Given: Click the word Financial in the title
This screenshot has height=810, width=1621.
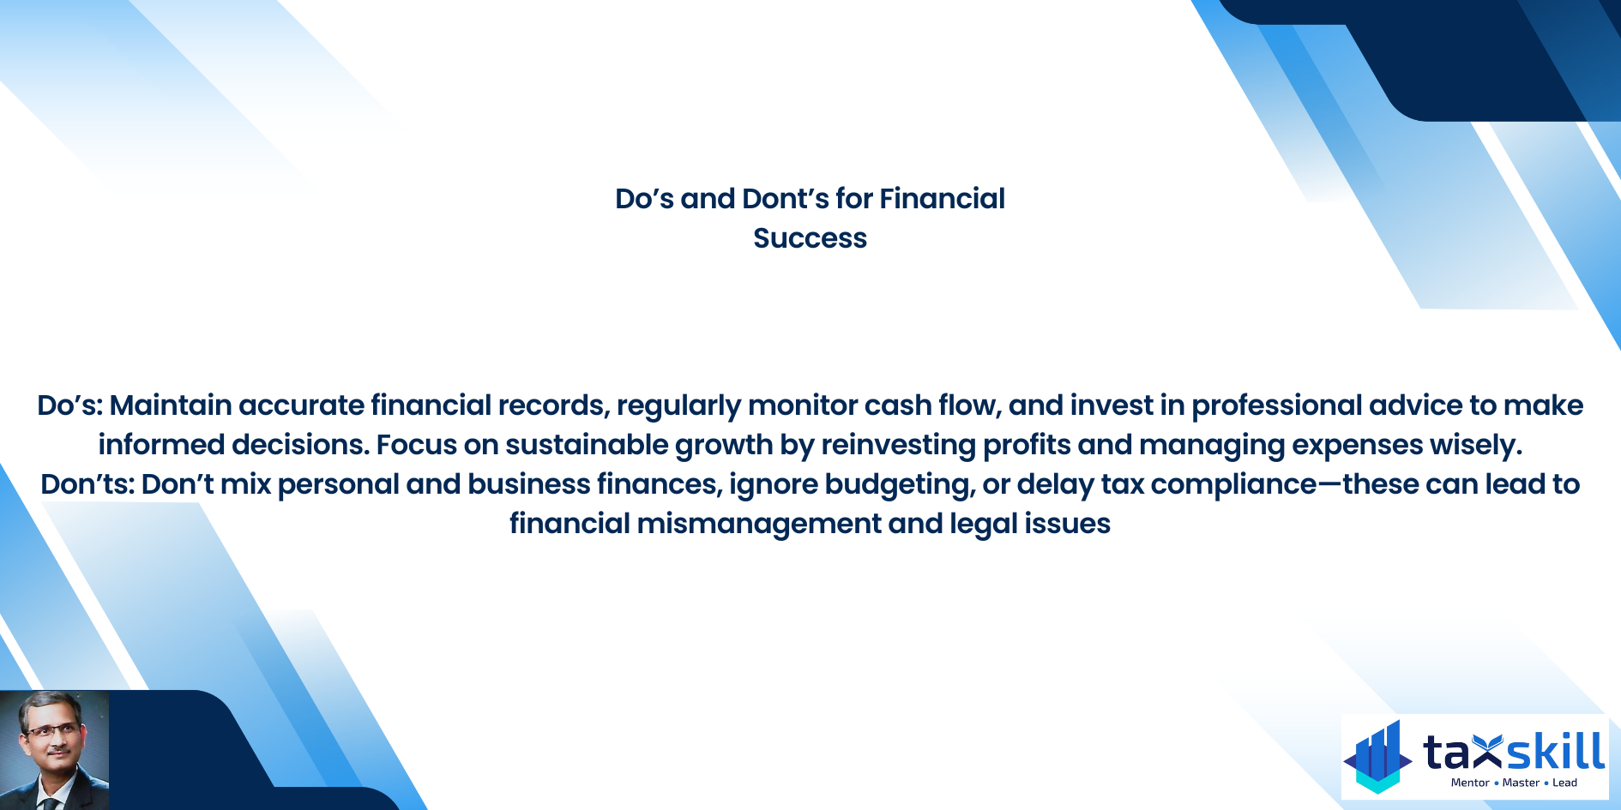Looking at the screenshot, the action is click(x=942, y=199).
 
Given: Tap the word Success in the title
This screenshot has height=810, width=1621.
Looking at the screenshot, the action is click(x=810, y=238).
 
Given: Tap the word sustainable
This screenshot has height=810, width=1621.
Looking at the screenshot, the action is click(x=587, y=445).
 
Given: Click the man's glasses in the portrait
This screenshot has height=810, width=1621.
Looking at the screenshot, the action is click(x=51, y=730).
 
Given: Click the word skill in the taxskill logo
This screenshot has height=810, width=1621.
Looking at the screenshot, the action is click(x=1555, y=752).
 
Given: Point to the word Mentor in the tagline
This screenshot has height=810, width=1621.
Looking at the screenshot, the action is click(x=1470, y=783).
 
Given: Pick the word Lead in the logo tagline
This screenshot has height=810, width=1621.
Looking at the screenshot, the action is click(x=1565, y=783).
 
